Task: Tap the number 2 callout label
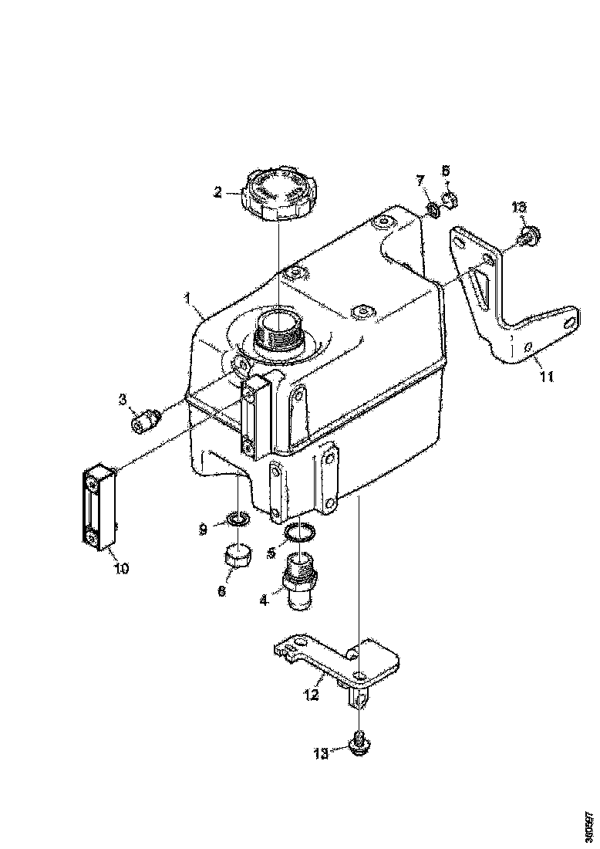[x=219, y=193]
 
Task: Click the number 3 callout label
[x=122, y=400]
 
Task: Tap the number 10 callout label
[x=122, y=569]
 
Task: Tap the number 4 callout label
[x=264, y=599]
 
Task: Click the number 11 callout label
[x=546, y=377]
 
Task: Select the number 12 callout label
[x=310, y=695]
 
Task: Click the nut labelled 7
[x=433, y=208]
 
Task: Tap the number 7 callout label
[x=421, y=181]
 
